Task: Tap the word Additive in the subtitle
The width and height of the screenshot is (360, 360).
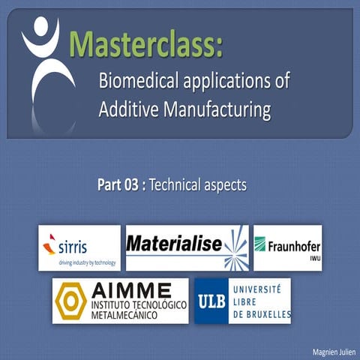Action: click(126, 110)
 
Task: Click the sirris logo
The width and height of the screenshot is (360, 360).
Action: click(79, 247)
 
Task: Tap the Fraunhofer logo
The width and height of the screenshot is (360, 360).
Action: click(287, 247)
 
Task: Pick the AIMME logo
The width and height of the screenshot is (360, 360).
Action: click(120, 301)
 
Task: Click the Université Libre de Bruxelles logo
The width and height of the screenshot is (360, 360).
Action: click(242, 301)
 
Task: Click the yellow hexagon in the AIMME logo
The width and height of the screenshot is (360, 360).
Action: click(71, 300)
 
